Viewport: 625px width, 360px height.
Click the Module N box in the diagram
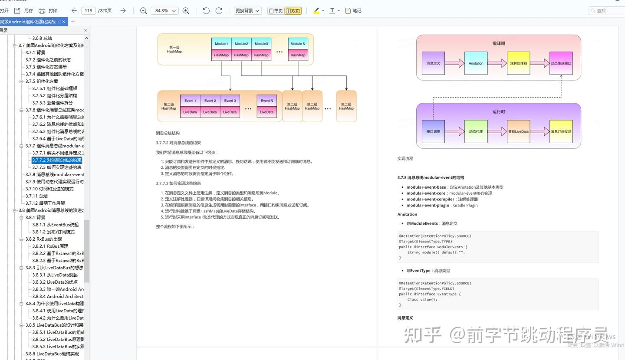pos(298,44)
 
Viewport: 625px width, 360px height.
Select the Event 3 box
pos(230,101)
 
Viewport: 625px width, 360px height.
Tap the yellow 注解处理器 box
pos(518,63)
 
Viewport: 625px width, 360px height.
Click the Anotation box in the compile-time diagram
pos(476,63)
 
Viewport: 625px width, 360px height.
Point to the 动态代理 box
pos(476,131)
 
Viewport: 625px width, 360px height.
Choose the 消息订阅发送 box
pos(561,131)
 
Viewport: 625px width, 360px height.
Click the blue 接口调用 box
pos(433,131)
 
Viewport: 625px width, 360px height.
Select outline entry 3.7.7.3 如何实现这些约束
pos(57,167)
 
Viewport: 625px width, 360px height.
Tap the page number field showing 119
pos(88,10)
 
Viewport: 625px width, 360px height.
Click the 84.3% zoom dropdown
pos(164,10)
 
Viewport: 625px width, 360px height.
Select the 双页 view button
pos(293,11)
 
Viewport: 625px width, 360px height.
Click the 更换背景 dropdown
pos(247,10)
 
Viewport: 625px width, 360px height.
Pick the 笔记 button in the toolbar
pos(353,10)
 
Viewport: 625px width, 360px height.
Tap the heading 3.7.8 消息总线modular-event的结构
pos(431,177)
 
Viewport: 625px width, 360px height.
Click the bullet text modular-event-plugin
pos(428,205)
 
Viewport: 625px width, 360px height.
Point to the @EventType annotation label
pos(418,271)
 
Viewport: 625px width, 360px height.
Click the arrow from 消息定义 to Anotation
pos(454,63)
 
